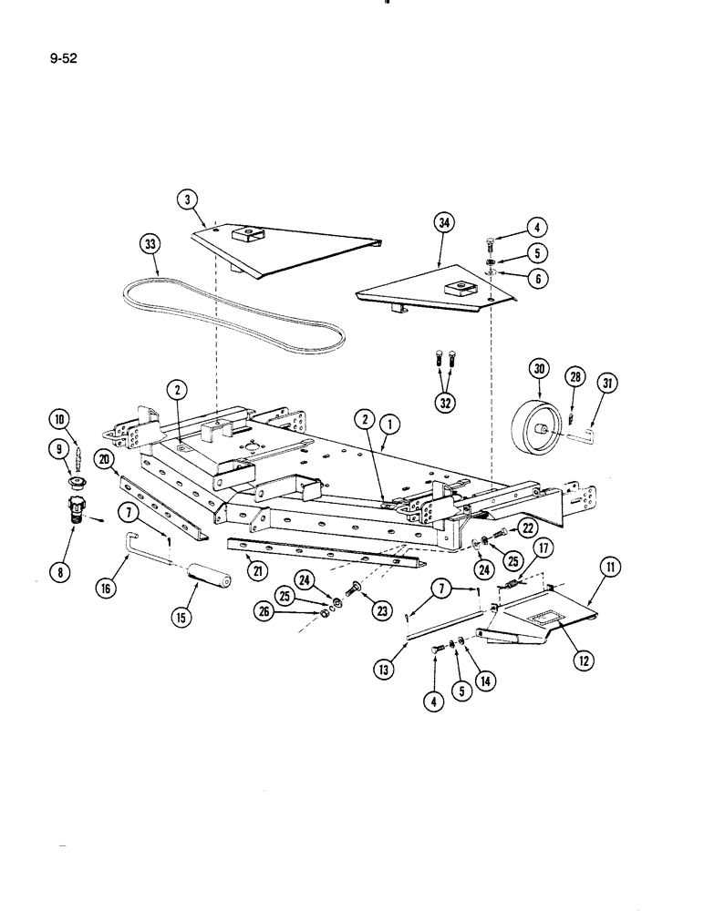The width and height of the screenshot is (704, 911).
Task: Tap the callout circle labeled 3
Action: [187, 197]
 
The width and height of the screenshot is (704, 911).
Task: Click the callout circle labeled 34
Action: [444, 224]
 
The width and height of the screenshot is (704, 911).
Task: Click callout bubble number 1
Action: [390, 424]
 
